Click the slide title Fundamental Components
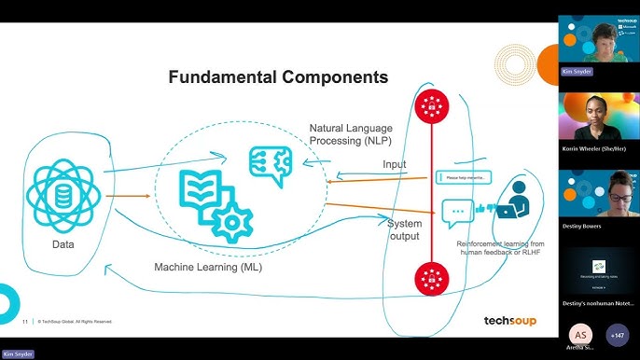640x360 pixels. (277, 76)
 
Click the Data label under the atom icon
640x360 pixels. (63, 245)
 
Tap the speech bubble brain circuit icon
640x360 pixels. (270, 165)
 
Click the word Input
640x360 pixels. (395, 164)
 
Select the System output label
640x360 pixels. (405, 229)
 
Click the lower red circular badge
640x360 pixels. (431, 276)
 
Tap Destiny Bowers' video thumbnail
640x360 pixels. (598, 200)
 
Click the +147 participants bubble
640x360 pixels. (617, 334)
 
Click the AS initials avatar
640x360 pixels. (579, 334)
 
